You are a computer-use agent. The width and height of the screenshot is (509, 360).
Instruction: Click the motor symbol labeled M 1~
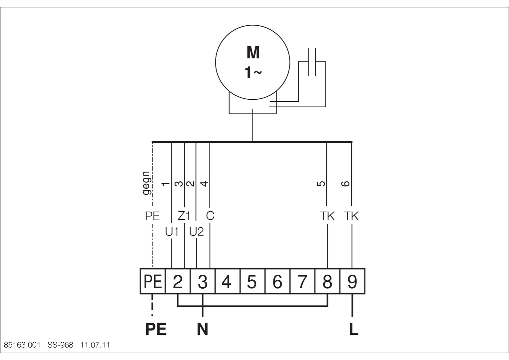253,62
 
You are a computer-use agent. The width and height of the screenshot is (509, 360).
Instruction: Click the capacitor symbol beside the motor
312,62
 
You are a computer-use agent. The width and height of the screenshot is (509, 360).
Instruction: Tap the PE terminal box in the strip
153,281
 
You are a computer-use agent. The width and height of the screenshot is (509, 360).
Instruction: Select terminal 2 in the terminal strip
178,281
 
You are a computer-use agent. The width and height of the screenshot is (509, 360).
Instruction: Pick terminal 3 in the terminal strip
203,281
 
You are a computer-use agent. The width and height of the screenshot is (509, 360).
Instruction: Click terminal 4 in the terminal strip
228,281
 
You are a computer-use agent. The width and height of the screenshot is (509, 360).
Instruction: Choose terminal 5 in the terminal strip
253,281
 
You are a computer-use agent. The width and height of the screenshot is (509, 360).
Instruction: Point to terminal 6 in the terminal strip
277,281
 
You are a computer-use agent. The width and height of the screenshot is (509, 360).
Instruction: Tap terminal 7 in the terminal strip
302,281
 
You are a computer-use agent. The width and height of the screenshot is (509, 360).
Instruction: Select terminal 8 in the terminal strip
327,281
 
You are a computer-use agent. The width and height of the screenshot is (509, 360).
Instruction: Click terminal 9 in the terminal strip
352,281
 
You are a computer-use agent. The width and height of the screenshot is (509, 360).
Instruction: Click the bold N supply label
203,329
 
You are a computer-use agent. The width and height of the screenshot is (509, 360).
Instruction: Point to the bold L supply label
353,329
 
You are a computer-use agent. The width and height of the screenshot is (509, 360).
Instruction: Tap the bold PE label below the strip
156,329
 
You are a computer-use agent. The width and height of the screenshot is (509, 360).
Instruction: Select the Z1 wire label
184,216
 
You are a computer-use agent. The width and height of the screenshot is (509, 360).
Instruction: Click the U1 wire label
172,232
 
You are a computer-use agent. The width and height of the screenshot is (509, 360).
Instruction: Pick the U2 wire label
196,232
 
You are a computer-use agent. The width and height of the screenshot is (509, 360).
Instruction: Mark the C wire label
210,216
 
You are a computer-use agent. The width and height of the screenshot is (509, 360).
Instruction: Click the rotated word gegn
147,183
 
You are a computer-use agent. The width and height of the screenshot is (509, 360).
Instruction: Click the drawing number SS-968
60,345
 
